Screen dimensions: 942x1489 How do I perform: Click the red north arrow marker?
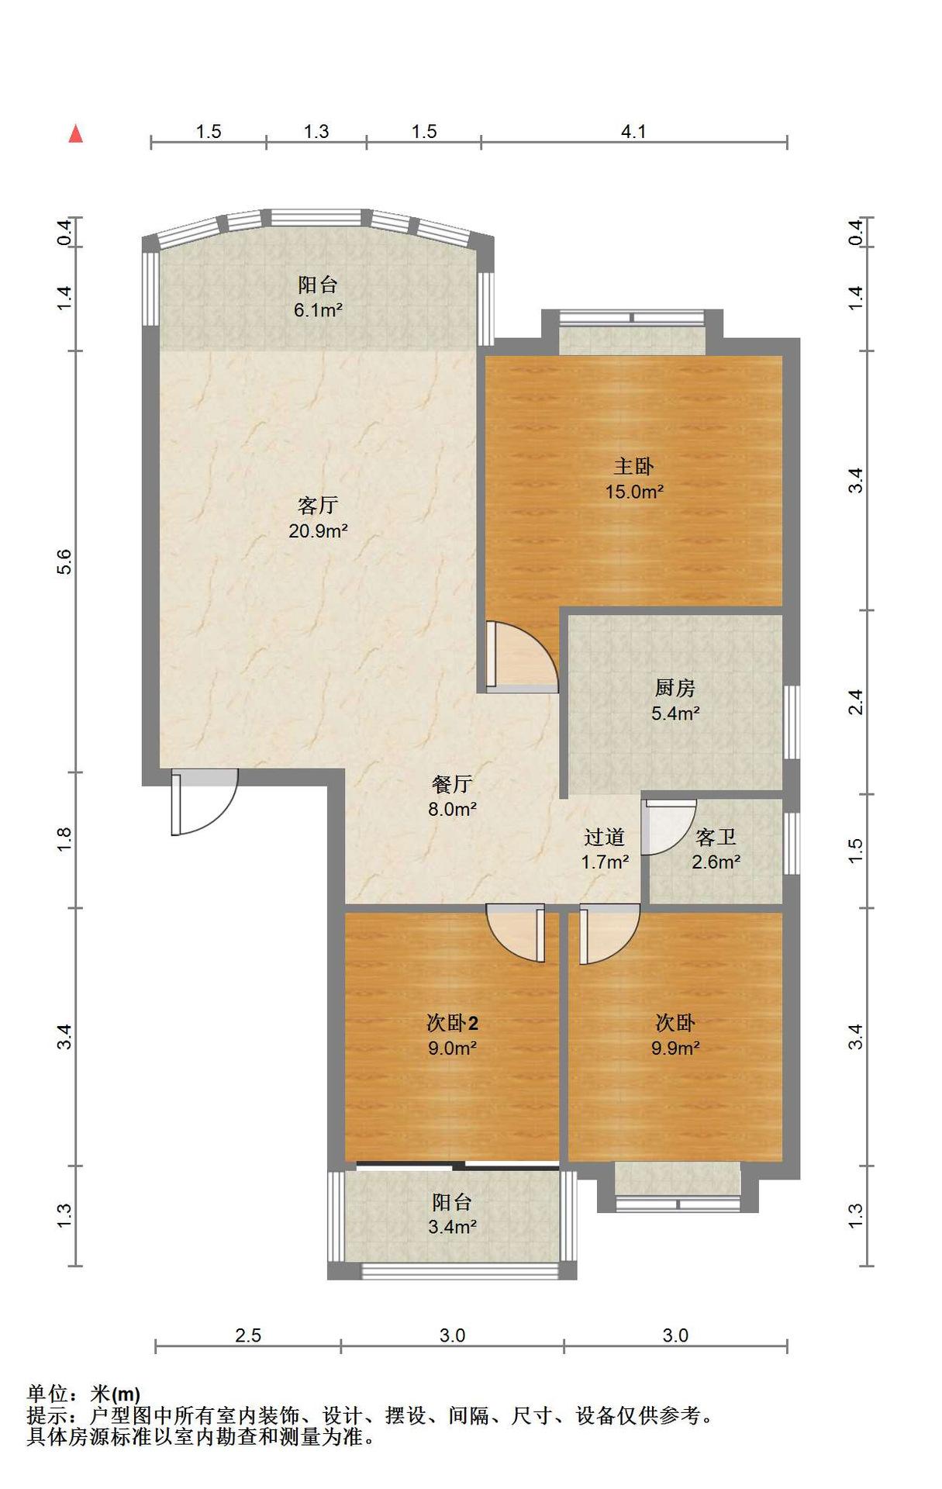coord(75,133)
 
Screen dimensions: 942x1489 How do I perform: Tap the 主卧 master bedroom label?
coord(633,466)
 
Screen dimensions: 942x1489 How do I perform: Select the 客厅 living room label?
coord(318,506)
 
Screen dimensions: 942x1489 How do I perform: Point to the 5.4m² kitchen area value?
coord(675,713)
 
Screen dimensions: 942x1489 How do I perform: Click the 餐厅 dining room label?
coord(451,784)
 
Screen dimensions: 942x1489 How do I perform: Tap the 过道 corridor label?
coord(604,837)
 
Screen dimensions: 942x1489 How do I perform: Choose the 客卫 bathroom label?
coord(716,837)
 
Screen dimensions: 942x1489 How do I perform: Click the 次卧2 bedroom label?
coord(452,1023)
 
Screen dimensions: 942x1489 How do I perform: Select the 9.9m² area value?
coord(675,1048)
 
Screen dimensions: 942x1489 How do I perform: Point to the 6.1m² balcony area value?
coord(318,310)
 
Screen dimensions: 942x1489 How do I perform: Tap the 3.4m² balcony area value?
coord(452,1226)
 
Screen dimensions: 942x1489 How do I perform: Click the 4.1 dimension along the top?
coord(633,132)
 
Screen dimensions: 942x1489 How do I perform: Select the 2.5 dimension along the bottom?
coord(248,1335)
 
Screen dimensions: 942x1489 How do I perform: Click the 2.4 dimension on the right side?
coord(855,703)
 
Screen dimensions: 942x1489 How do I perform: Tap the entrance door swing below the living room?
coord(203,802)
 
